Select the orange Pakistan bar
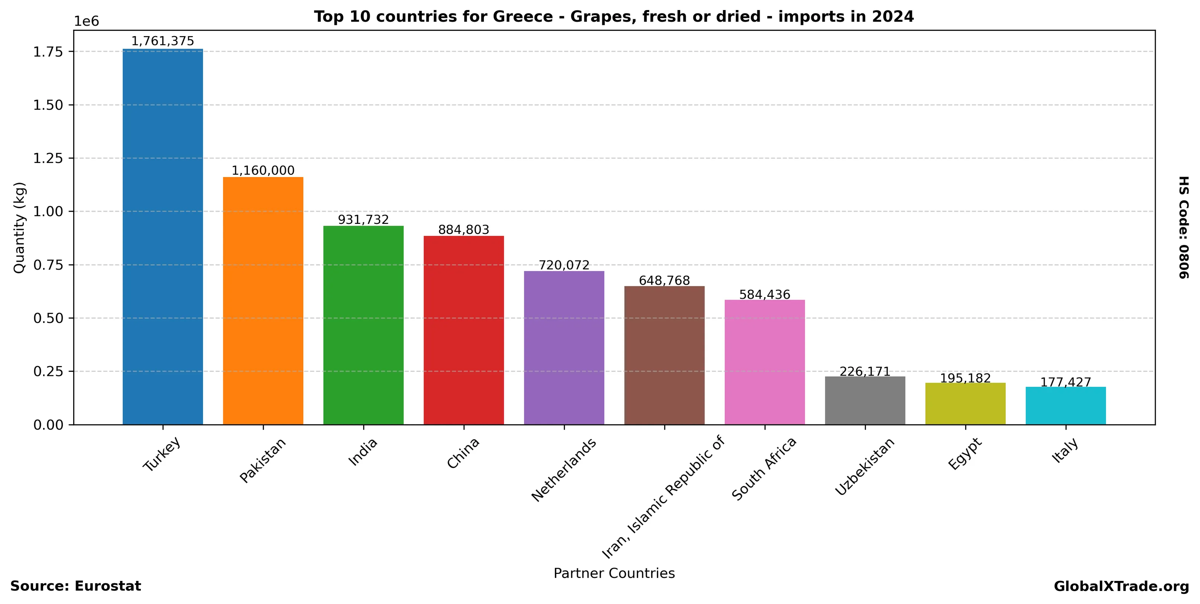click(x=263, y=301)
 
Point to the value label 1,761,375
click(x=162, y=41)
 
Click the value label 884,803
click(x=463, y=230)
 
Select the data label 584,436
click(x=764, y=295)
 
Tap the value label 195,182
click(x=965, y=378)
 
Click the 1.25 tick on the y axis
click(x=48, y=158)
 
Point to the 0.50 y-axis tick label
click(x=48, y=318)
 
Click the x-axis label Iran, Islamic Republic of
click(x=664, y=497)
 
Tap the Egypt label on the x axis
click(x=965, y=454)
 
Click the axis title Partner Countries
click(x=614, y=573)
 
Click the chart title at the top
click(x=614, y=17)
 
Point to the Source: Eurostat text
click(x=75, y=586)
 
